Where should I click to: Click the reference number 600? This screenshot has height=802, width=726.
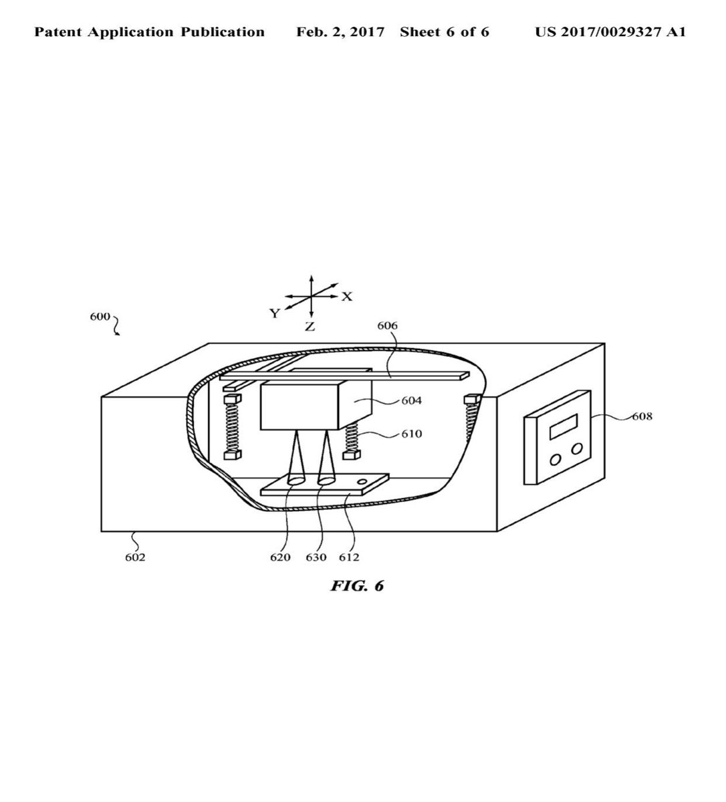(x=100, y=317)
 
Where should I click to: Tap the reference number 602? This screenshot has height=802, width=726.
(x=135, y=557)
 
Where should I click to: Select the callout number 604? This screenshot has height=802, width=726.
(x=412, y=400)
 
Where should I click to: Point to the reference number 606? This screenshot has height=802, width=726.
(x=388, y=325)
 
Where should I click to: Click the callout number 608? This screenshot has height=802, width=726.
(x=642, y=416)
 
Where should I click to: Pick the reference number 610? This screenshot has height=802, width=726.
(x=412, y=434)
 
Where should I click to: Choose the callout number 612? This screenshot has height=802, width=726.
(x=349, y=557)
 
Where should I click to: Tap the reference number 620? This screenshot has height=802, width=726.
(x=280, y=557)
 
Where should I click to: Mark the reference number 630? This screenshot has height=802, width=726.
(x=316, y=557)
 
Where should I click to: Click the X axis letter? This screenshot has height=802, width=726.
(x=347, y=297)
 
